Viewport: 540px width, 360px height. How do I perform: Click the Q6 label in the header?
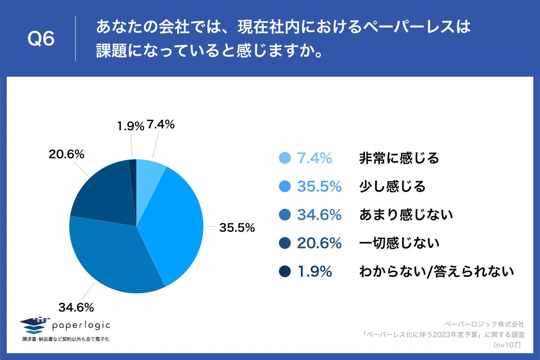click(x=41, y=40)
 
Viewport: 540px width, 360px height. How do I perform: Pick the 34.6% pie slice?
click(x=112, y=256)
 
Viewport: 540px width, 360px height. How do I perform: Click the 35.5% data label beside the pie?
click(x=237, y=228)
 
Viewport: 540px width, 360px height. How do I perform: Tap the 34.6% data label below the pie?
click(x=76, y=308)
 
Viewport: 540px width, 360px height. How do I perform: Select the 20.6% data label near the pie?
click(x=67, y=154)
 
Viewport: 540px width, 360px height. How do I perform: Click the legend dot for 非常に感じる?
click(x=284, y=158)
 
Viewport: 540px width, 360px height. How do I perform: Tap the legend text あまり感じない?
click(x=405, y=215)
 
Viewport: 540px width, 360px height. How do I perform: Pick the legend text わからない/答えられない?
click(x=436, y=272)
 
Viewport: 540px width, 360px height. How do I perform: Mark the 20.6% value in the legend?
click(x=319, y=243)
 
